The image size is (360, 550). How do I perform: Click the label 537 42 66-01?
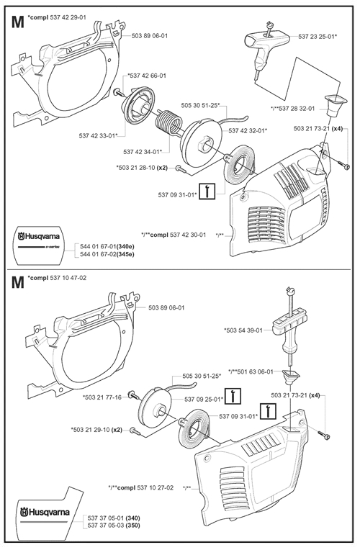tap(147, 76)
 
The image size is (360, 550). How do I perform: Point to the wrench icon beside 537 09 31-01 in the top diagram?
tap(207, 191)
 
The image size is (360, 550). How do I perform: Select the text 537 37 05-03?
tap(104, 525)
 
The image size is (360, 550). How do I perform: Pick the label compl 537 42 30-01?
tap(178, 235)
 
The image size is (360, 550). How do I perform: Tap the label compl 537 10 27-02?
tap(145, 487)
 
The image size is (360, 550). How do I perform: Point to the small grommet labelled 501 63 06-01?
tap(291, 378)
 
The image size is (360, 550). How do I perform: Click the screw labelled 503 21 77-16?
tap(133, 396)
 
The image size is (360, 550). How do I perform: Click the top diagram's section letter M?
tap(18, 22)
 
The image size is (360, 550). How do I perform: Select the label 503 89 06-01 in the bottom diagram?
tap(166, 307)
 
